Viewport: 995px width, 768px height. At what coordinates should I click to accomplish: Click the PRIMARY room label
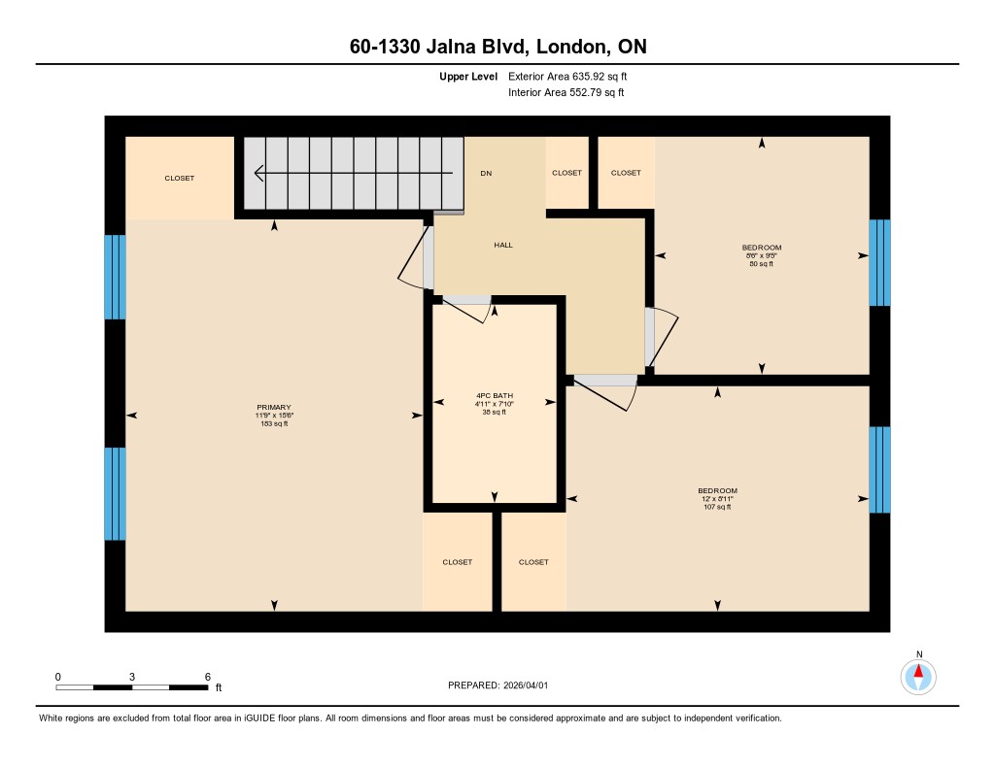pos(273,407)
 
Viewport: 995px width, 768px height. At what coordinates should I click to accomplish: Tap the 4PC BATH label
pos(495,395)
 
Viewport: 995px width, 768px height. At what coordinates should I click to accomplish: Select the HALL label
pos(503,245)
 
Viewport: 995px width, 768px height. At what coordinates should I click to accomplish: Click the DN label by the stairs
pos(486,173)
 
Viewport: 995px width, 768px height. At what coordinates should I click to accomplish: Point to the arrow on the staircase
pos(354,173)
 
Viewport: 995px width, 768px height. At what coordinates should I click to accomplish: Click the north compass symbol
pos(918,676)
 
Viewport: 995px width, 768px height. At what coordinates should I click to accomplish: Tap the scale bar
pos(132,687)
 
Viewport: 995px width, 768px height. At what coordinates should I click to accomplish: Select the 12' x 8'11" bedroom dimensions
pos(717,498)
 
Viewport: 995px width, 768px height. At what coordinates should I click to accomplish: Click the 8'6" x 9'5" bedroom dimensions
pos(762,255)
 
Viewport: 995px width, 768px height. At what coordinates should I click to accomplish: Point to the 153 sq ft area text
pos(273,423)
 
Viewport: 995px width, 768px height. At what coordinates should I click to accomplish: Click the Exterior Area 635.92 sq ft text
pos(567,76)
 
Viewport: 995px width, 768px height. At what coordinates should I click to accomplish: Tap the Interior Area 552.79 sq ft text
pos(566,92)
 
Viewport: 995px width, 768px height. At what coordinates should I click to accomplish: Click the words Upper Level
pos(468,77)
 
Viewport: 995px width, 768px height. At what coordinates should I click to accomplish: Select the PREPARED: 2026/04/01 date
pos(498,685)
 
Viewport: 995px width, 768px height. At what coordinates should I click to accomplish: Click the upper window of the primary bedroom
pos(115,277)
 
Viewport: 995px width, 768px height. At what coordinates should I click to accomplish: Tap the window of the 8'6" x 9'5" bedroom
pos(879,262)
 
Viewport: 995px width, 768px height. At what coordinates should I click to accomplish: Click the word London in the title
pos(569,47)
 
